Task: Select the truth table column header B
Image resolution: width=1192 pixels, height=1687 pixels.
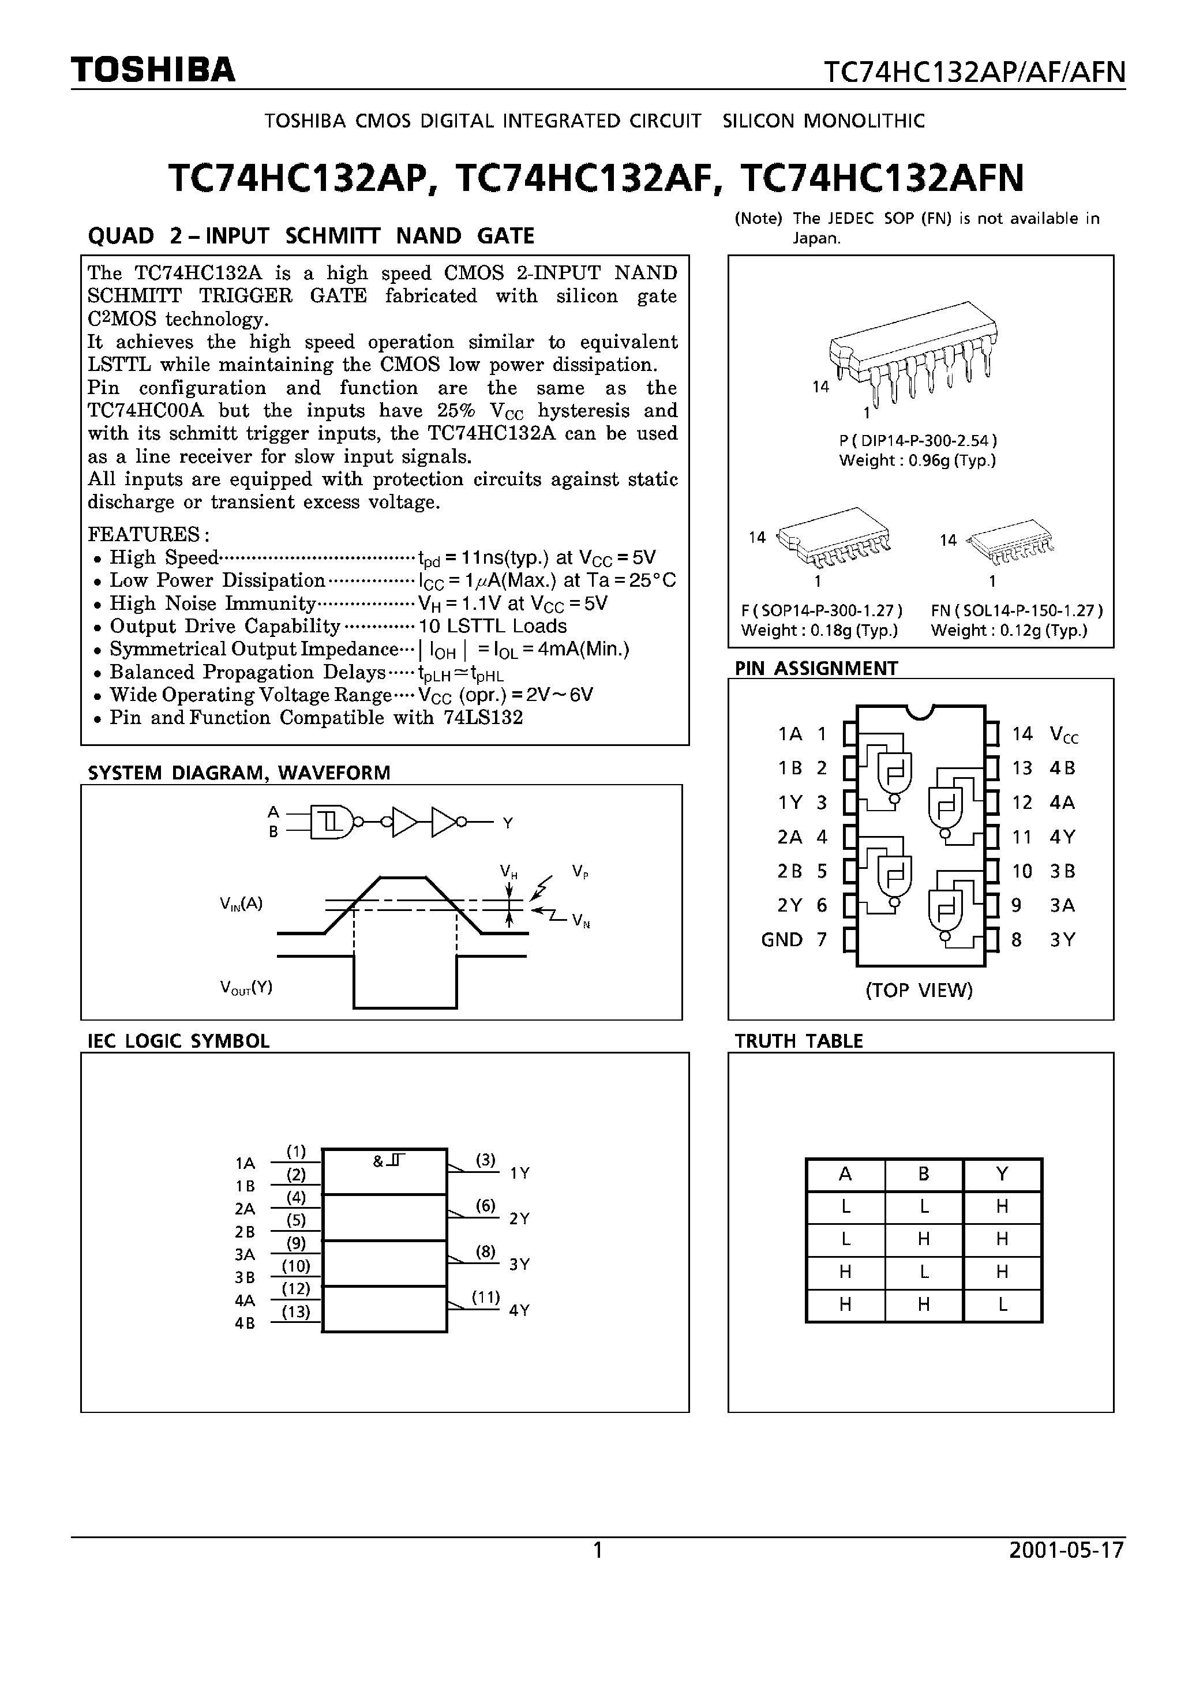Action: pos(924,1174)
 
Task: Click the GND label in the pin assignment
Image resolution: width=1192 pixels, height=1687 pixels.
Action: pos(781,940)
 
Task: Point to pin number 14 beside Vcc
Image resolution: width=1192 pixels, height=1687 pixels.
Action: pos(1021,733)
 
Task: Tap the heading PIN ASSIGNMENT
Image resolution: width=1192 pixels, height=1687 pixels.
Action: pos(816,668)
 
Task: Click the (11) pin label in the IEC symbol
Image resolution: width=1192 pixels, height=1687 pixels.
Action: pos(485,1297)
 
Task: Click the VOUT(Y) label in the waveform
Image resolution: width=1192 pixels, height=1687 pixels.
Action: pos(246,988)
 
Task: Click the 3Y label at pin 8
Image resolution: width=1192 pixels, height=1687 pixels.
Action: pos(1062,940)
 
